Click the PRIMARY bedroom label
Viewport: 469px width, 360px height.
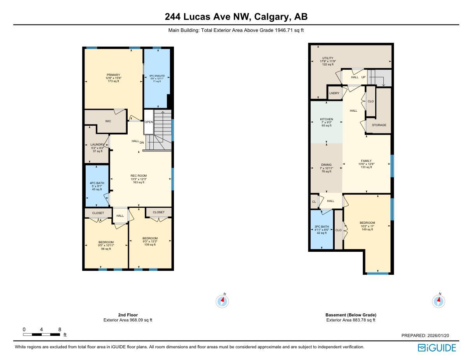114,75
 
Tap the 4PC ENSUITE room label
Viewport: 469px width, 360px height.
157,76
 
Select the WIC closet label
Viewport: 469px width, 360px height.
108,121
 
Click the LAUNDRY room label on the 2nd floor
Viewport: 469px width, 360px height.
97,144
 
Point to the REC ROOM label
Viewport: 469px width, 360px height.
139,176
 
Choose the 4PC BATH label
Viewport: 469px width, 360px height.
97,183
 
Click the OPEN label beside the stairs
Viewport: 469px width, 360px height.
149,122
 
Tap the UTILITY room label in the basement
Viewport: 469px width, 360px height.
327,58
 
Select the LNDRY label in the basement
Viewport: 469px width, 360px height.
334,93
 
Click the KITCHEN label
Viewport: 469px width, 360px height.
327,119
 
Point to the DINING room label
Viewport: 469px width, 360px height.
327,165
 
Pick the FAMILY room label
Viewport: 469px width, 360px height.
366,161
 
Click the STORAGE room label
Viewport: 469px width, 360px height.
379,125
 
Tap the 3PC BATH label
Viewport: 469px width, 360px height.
321,227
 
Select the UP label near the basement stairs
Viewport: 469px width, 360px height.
364,77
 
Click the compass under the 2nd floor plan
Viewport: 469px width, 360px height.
222,301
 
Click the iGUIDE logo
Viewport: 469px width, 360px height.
436,348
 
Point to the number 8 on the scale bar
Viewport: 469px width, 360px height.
60,329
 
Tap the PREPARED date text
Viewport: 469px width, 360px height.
425,335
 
